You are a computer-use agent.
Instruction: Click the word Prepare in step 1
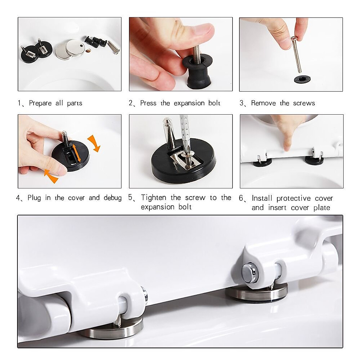(x=40, y=103)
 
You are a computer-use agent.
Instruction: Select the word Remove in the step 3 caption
(x=263, y=103)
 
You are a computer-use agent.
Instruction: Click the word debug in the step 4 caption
(x=112, y=198)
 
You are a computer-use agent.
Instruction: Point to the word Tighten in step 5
(x=154, y=198)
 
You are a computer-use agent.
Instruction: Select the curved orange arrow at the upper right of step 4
(x=94, y=143)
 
